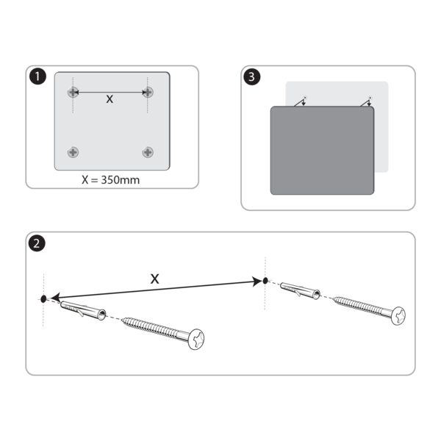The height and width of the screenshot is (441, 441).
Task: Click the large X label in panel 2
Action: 154,279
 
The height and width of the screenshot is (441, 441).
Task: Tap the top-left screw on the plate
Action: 73,92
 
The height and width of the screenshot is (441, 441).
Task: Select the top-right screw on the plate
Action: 148,92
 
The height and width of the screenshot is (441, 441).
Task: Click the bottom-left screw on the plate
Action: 73,152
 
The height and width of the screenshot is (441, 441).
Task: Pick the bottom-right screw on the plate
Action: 148,152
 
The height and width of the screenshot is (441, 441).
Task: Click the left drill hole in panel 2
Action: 44,298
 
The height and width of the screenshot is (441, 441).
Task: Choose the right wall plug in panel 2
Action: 301,290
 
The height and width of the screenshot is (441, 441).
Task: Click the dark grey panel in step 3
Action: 322,151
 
